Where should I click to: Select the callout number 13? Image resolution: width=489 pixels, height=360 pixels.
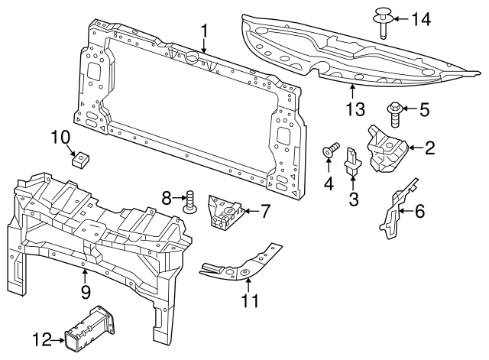pos(355,110)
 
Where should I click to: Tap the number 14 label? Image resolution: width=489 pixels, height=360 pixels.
pos(422,18)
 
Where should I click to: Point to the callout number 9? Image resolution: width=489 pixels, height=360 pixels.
pos(86,291)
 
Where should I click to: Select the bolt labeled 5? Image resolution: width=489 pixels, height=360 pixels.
pos(396,114)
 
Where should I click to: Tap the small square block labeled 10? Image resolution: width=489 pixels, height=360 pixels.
pos(77,159)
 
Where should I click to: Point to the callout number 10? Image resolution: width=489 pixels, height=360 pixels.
pos(60,138)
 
